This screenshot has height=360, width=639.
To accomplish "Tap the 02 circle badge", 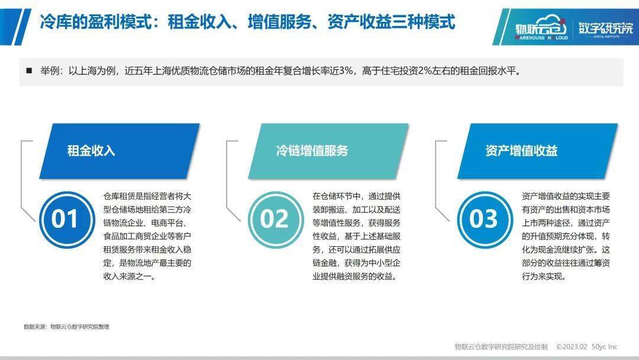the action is click(276, 219).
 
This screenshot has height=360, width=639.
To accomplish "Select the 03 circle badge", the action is click(485, 219).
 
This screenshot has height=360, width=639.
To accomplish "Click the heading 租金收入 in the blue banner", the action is click(91, 150).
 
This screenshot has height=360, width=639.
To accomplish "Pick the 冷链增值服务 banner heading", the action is click(312, 150).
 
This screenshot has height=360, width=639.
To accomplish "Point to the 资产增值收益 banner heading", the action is click(521, 150).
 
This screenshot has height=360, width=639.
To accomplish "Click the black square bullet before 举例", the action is click(29, 70).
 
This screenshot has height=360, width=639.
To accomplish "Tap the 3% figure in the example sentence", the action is click(346, 70).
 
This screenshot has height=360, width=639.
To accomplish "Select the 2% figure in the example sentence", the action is click(425, 70).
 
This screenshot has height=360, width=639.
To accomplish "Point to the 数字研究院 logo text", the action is click(606, 28).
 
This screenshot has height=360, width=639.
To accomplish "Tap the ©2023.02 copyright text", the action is click(572, 346).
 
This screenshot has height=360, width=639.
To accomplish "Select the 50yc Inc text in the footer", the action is click(604, 346).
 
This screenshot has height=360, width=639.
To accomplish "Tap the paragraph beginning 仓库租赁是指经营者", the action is click(147, 236).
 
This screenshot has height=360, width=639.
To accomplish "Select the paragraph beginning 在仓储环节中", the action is click(357, 236).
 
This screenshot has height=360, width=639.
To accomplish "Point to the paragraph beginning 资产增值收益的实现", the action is click(566, 236).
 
